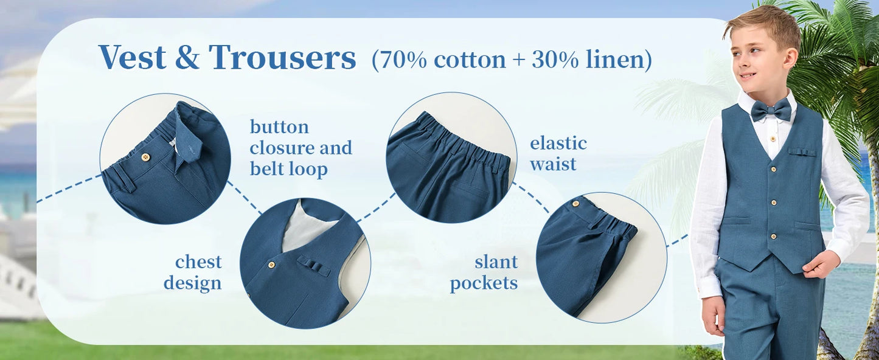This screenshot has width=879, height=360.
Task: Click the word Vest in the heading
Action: pos(132,58)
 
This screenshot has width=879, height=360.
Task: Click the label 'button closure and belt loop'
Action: pos(301,148)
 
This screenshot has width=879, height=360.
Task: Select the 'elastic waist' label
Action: pos(558,153)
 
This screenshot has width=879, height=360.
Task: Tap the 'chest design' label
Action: pos(193,272)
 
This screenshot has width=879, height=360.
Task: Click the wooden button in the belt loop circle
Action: pos(145,157)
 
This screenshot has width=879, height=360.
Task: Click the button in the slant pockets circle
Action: pos(575,204)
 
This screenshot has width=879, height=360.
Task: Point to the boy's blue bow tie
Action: pos(771,111)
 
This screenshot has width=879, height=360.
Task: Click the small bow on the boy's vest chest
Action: pos(802,151)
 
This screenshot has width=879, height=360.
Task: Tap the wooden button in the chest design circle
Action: pos(271,265)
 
